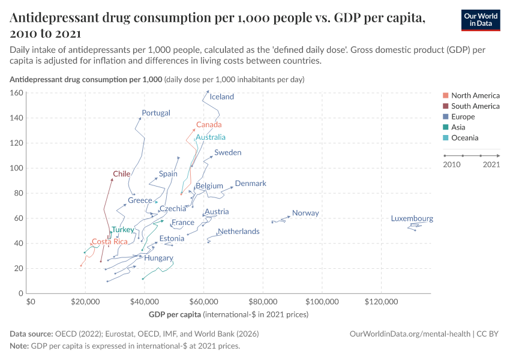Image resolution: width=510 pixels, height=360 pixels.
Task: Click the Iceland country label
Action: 221,97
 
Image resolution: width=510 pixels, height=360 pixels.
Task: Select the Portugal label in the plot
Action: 156,113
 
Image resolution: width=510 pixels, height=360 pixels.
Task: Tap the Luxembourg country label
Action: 412,218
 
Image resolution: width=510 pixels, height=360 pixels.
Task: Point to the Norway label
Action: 305,213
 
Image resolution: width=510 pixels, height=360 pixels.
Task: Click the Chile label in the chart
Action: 122,174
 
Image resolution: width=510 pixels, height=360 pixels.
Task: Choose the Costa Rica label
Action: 110,242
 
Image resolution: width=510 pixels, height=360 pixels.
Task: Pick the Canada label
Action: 209,125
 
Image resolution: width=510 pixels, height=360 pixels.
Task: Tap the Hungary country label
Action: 158,258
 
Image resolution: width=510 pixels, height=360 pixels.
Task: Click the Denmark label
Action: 250,184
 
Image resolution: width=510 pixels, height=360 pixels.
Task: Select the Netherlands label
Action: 238,232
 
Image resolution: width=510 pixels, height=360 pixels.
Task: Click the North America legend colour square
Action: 445,95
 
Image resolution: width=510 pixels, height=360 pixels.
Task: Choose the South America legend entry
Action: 475,106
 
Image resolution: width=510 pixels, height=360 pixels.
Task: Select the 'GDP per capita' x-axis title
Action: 175,314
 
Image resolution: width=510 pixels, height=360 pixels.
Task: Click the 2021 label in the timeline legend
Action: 491,164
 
